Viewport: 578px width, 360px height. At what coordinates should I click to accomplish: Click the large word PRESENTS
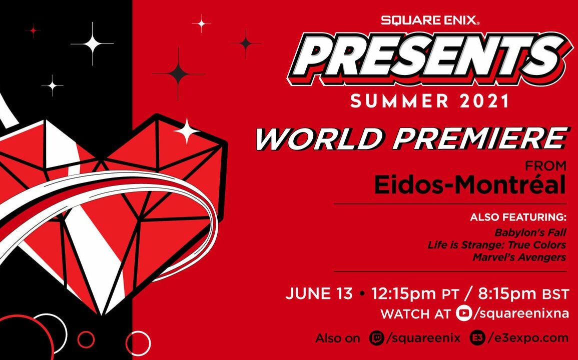(x=430, y=59)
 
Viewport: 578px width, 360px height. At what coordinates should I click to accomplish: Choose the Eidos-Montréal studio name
(x=470, y=185)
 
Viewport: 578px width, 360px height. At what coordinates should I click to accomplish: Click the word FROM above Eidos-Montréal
(x=546, y=165)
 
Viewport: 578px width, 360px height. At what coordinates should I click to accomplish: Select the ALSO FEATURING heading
(x=518, y=218)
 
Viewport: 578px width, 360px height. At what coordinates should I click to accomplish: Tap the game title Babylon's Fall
(x=530, y=232)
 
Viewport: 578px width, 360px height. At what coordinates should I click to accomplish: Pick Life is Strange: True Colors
(x=496, y=245)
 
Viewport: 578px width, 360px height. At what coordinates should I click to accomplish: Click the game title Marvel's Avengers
(x=519, y=257)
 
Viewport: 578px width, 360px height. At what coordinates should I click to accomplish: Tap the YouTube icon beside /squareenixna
(x=464, y=313)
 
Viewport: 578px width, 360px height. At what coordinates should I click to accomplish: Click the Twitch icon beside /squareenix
(x=376, y=338)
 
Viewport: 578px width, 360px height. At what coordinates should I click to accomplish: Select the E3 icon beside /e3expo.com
(x=478, y=338)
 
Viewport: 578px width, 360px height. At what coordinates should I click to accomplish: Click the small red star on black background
(x=33, y=31)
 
